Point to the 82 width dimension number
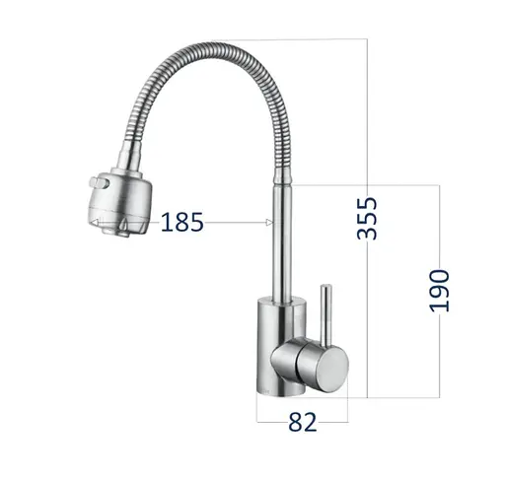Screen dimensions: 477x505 click(x=302, y=423)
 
